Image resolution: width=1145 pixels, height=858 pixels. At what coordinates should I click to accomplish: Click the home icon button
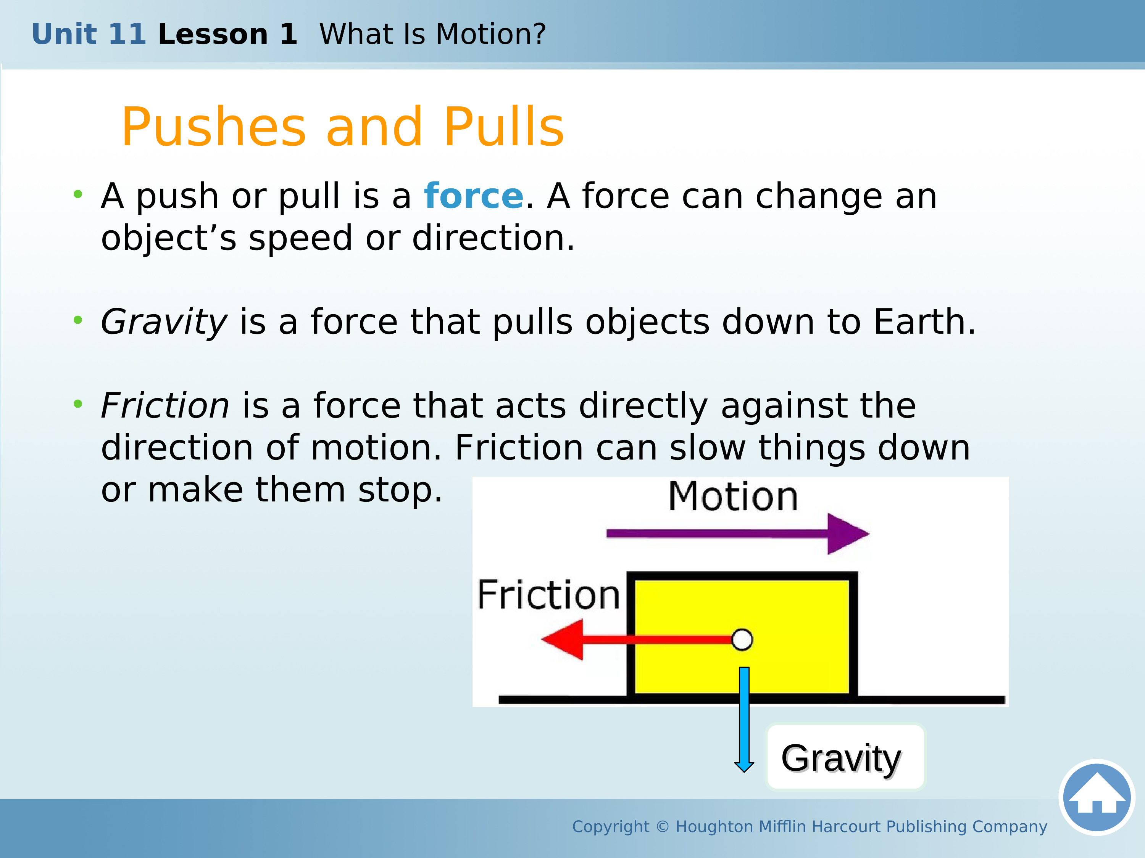tap(1097, 797)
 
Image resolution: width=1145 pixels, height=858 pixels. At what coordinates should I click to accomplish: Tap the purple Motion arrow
tap(738, 534)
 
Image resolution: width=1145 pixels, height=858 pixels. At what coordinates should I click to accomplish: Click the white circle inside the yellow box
tap(742, 640)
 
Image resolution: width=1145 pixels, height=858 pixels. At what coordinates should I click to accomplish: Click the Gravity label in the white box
tap(841, 759)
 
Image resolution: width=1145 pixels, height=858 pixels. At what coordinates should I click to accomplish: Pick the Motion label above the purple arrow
tap(733, 496)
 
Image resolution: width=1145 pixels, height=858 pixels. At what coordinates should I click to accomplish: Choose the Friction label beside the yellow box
tap(548, 595)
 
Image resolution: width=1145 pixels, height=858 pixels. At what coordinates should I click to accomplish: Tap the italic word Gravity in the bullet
tap(164, 322)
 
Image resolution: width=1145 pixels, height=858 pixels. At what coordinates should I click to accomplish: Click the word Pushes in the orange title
tap(214, 127)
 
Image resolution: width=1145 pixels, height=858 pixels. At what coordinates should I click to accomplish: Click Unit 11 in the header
tap(89, 34)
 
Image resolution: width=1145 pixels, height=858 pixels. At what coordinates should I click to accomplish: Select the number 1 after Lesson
tap(288, 34)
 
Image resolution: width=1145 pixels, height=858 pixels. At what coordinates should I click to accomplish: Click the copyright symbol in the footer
tap(663, 826)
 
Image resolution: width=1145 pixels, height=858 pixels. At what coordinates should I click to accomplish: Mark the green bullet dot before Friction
tap(78, 403)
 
